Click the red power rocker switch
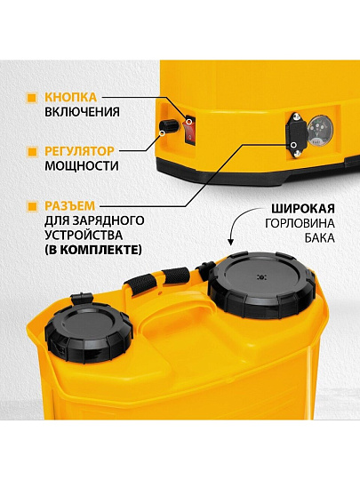189,130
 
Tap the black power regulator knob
168,125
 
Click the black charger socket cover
296,135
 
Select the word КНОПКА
71,97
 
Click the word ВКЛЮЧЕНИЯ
82,112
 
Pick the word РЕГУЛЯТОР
80,151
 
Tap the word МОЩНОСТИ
82,166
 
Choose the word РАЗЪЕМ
70,205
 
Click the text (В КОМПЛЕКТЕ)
93,250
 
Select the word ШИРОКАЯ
303,209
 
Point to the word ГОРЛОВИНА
300,223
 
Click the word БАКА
319,238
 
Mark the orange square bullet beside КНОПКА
32,98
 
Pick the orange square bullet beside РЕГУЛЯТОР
32,151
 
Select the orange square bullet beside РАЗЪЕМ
32,206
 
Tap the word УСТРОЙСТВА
84,236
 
